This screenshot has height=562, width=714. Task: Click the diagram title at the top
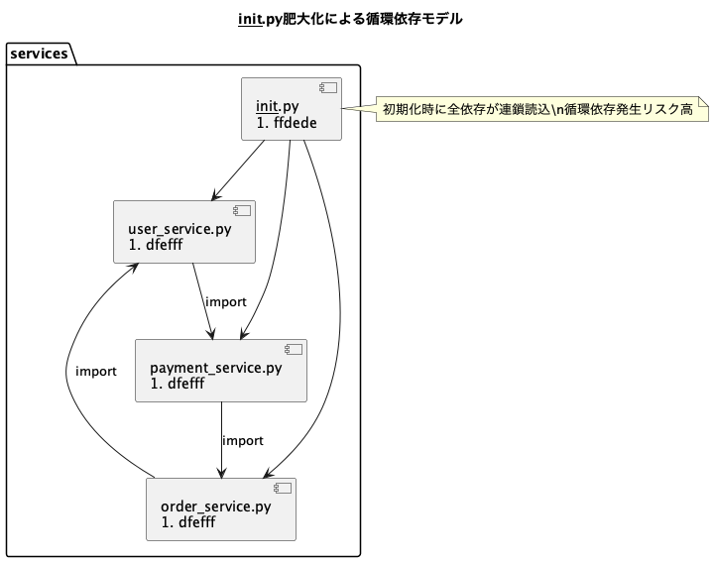[350, 19]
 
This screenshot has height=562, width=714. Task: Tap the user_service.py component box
[184, 232]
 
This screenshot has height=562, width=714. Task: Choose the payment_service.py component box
[221, 371]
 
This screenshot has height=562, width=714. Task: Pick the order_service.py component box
[221, 509]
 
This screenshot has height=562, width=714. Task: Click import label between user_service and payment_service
[225, 302]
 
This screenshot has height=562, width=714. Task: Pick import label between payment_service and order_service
[243, 441]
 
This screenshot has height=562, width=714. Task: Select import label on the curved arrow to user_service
[96, 372]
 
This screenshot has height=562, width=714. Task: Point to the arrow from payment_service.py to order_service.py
[221, 441]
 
